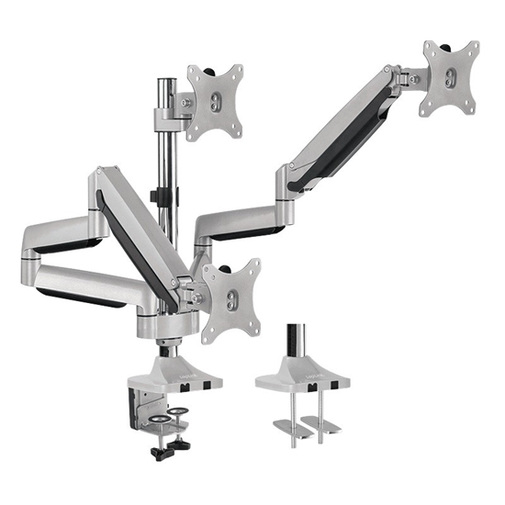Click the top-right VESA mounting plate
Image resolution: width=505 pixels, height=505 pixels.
click(x=450, y=77)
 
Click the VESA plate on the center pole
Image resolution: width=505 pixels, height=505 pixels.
click(x=215, y=100)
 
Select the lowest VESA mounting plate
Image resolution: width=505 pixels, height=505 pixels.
click(x=231, y=296)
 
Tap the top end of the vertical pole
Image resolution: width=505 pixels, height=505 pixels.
click(x=165, y=84)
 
